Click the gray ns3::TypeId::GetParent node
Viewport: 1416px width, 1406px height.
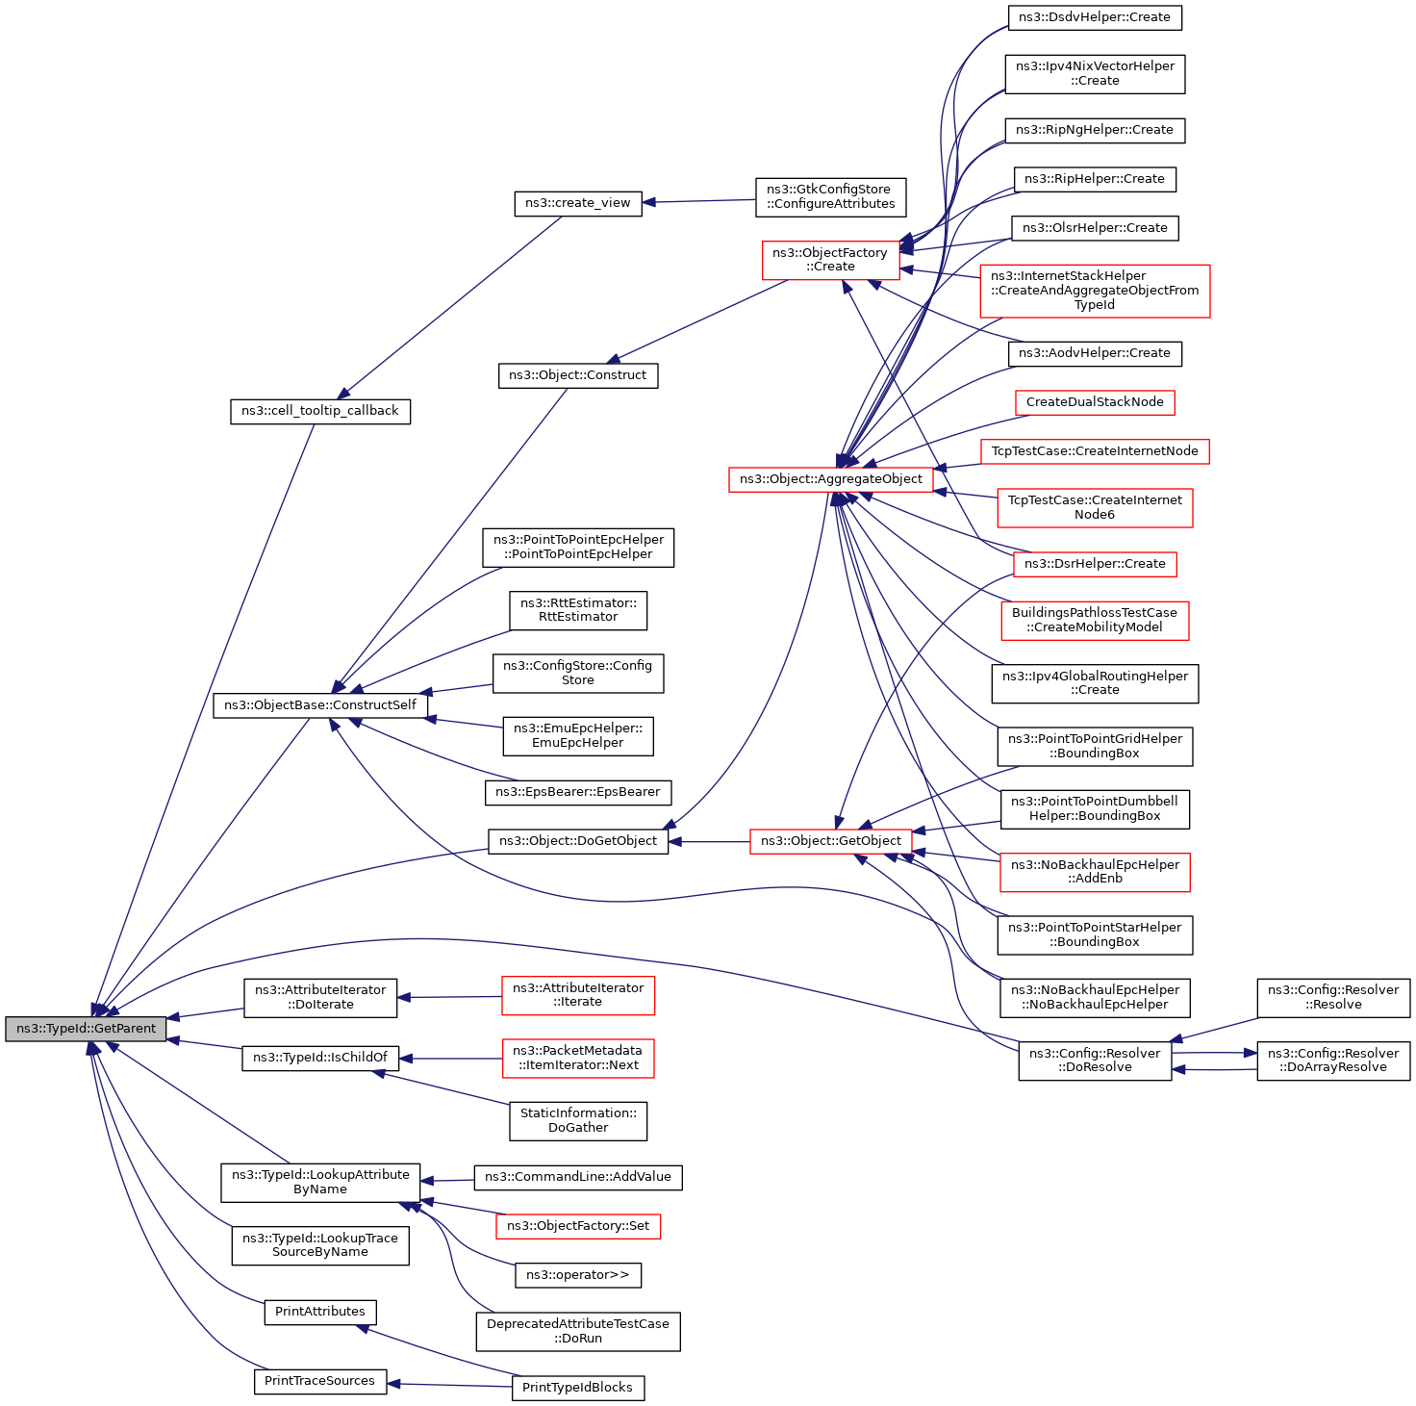point(86,1029)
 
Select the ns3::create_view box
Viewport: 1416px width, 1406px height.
point(577,203)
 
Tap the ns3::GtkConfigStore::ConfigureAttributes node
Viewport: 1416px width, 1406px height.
point(830,196)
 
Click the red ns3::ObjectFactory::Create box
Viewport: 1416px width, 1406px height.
point(830,260)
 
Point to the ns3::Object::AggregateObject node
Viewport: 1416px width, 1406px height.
point(830,479)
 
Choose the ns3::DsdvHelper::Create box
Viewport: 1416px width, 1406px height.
point(1095,17)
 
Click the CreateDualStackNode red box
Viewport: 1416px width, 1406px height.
point(1095,402)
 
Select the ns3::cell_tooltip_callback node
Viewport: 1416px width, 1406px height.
point(319,411)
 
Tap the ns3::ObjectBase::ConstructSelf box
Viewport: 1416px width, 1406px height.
point(319,705)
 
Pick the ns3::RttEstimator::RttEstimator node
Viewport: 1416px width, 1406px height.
point(577,610)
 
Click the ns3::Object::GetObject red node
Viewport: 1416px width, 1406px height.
point(830,841)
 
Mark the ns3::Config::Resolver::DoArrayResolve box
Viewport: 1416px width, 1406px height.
point(1332,1061)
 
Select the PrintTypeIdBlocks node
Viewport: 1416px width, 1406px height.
point(577,1388)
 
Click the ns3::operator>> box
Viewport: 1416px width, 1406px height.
point(577,1275)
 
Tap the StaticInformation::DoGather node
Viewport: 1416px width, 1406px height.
point(577,1120)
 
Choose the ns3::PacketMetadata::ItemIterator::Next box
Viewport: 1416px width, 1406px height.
point(577,1058)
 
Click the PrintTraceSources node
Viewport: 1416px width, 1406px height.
point(319,1381)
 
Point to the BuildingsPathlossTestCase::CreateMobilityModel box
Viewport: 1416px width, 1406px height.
point(1095,621)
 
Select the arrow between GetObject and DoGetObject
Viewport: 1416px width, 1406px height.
point(709,842)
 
